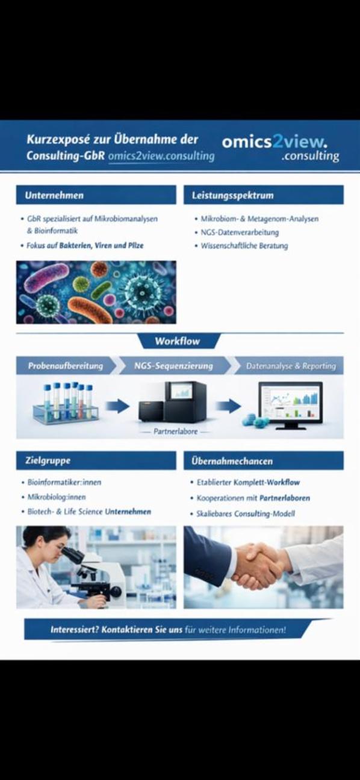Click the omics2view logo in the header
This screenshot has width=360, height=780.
click(x=281, y=148)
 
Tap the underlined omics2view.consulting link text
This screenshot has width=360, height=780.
click(x=161, y=156)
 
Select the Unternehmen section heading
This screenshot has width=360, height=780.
click(x=54, y=195)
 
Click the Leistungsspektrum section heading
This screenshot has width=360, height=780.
click(x=232, y=196)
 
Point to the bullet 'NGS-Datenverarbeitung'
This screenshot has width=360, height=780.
click(x=240, y=232)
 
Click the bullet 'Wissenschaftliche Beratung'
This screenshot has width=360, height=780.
click(x=244, y=246)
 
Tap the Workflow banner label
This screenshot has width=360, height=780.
click(x=178, y=341)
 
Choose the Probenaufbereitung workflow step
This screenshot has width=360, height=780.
click(x=66, y=366)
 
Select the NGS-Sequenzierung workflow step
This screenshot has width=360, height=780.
click(x=173, y=366)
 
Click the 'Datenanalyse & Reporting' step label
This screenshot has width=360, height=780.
click(x=291, y=366)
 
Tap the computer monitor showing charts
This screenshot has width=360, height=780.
click(x=290, y=406)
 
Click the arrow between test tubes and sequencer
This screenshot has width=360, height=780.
click(x=117, y=406)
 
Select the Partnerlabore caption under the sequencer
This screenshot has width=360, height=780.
click(x=175, y=432)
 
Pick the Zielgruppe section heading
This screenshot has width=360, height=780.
click(x=48, y=460)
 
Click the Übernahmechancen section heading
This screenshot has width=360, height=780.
click(x=232, y=461)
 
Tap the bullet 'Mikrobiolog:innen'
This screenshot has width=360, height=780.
click(x=57, y=497)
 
